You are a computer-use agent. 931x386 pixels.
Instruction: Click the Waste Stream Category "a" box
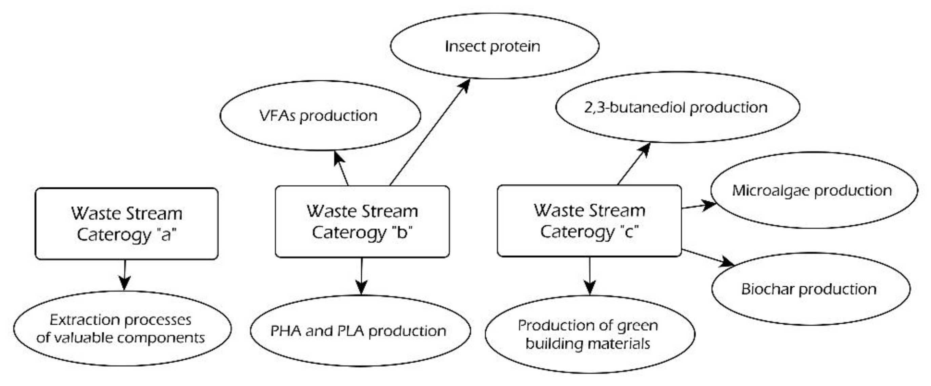pyautogui.click(x=126, y=224)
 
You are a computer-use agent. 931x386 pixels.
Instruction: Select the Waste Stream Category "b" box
pyautogui.click(x=362, y=222)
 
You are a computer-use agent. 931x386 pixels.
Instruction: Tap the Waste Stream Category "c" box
pyautogui.click(x=589, y=221)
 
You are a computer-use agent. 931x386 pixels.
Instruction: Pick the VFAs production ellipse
pyautogui.click(x=320, y=116)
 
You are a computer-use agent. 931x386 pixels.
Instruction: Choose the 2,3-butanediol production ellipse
pyautogui.click(x=677, y=107)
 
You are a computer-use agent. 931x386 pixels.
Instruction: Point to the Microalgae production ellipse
pyautogui.click(x=813, y=190)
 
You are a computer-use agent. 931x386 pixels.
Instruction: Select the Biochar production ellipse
pyautogui.click(x=810, y=289)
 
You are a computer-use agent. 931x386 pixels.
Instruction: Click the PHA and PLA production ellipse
pyautogui.click(x=360, y=331)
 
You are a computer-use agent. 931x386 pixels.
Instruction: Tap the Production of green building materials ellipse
pyautogui.click(x=590, y=334)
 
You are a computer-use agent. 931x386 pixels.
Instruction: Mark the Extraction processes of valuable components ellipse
pyautogui.click(x=122, y=328)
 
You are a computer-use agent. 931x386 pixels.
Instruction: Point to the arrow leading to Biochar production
pyautogui.click(x=707, y=257)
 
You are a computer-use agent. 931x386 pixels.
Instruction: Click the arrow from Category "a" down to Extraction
pyautogui.click(x=125, y=275)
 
